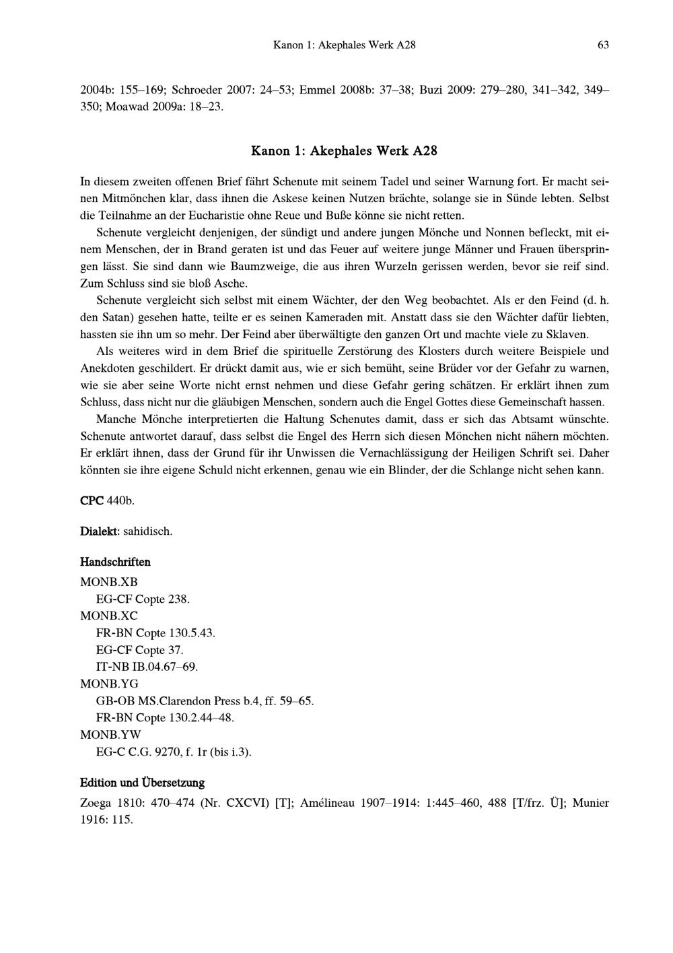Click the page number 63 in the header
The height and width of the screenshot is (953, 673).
[602, 45]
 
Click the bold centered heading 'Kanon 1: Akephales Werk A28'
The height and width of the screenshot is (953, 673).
[344, 151]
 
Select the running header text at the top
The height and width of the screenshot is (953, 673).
[344, 45]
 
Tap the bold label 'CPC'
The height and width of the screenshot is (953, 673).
[92, 501]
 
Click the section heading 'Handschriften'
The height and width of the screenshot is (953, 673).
[115, 562]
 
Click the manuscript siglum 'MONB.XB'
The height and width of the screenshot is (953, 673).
[108, 582]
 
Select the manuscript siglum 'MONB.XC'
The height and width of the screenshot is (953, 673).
[108, 616]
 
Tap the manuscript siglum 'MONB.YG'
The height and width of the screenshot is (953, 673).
[109, 684]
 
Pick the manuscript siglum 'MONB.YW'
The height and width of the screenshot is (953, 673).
[110, 734]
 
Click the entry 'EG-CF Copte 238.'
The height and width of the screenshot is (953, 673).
[143, 599]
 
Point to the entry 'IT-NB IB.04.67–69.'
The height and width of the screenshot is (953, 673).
[147, 667]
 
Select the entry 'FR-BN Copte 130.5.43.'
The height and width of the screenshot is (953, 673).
[155, 633]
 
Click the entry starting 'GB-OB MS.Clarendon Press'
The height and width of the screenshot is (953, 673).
[205, 700]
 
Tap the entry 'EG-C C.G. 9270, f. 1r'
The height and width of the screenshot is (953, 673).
[174, 752]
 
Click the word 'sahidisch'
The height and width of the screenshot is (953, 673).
[147, 531]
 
